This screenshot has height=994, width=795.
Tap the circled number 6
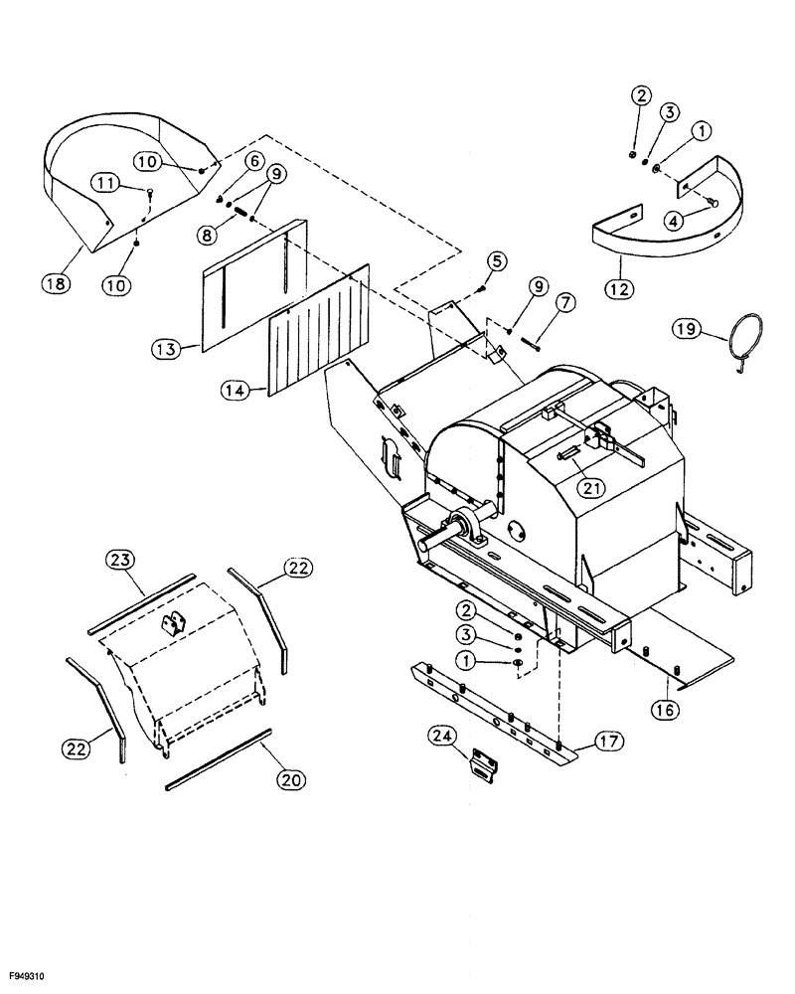coord(253,161)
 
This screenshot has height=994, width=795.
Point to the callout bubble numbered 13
coord(164,349)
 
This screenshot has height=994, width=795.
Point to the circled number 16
coord(664,709)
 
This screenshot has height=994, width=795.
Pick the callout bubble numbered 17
coord(606,740)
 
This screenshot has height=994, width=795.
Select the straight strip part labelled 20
coord(219,761)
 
